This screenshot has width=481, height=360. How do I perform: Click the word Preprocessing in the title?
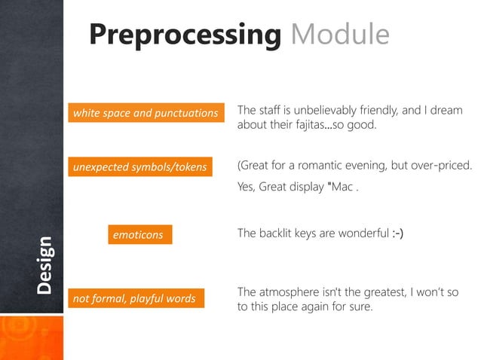tap(185, 35)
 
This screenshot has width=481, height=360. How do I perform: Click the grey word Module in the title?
tap(339, 35)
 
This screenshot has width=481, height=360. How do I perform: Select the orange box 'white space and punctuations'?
tap(146, 114)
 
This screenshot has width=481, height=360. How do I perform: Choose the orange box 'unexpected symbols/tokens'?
tap(139, 166)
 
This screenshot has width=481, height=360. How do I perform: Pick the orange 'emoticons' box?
tap(138, 235)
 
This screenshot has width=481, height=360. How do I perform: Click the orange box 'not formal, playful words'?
tap(134, 299)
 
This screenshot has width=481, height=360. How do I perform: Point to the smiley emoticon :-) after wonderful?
tap(397, 234)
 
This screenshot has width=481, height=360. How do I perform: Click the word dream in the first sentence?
tap(445, 111)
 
